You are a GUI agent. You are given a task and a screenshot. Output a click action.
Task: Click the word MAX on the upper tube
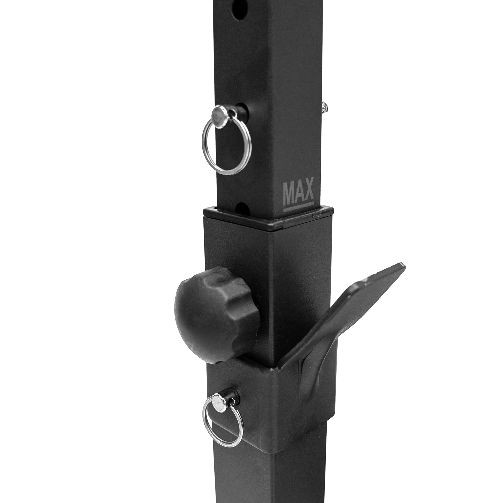coord(298,191)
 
